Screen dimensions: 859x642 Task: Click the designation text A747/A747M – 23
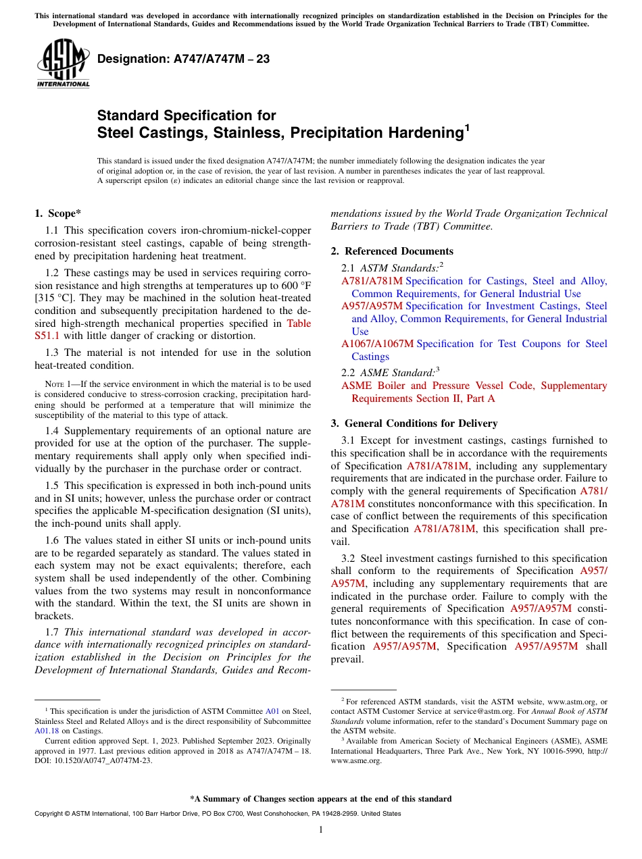click(x=183, y=59)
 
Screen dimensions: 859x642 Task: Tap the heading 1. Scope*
click(x=58, y=213)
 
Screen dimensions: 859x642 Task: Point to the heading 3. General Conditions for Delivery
click(x=414, y=423)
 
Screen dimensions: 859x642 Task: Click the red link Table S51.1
click(x=299, y=323)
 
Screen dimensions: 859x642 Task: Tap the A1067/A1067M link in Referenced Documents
click(x=377, y=344)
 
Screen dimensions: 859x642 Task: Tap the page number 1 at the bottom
click(x=321, y=830)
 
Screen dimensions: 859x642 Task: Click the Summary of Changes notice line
click(x=321, y=799)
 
